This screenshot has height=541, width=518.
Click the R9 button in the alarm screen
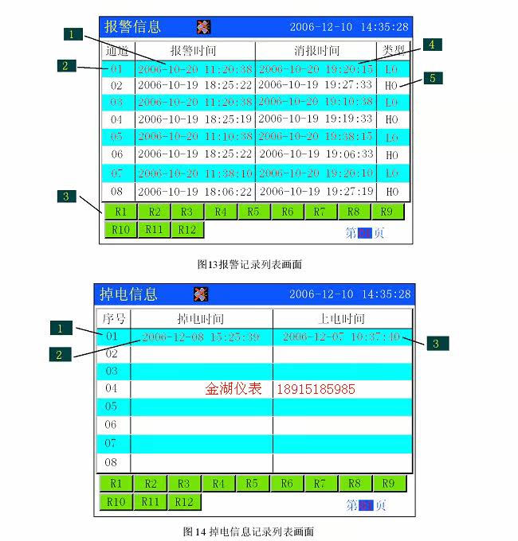[387, 212]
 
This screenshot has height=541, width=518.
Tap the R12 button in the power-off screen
[184, 502]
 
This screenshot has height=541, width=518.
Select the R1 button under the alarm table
[120, 212]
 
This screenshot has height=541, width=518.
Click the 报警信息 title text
[132, 26]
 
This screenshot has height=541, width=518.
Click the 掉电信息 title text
[128, 294]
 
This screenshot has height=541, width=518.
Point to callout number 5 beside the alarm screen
[432, 78]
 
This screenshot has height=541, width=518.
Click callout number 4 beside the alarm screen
[430, 45]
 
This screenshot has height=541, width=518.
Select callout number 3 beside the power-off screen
[435, 344]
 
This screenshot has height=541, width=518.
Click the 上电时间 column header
[341, 319]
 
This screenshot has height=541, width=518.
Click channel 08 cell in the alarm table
[117, 191]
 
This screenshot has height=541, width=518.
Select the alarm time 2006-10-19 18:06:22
[194, 191]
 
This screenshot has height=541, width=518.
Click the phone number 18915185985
[316, 390]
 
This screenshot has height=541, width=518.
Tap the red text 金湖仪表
[233, 389]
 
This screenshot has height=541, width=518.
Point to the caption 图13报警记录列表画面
[249, 263]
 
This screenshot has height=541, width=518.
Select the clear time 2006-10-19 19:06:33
[316, 154]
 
